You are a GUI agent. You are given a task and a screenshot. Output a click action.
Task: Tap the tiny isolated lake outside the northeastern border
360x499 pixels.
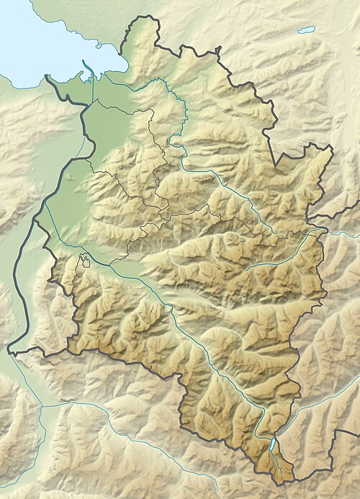coord(307,30)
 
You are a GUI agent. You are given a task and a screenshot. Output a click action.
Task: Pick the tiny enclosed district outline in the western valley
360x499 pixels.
coord(86,259)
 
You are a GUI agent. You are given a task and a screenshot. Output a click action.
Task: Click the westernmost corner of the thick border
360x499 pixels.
coord(9,352)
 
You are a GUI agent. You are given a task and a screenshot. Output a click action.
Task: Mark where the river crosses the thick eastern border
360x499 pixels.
coord(320,233)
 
